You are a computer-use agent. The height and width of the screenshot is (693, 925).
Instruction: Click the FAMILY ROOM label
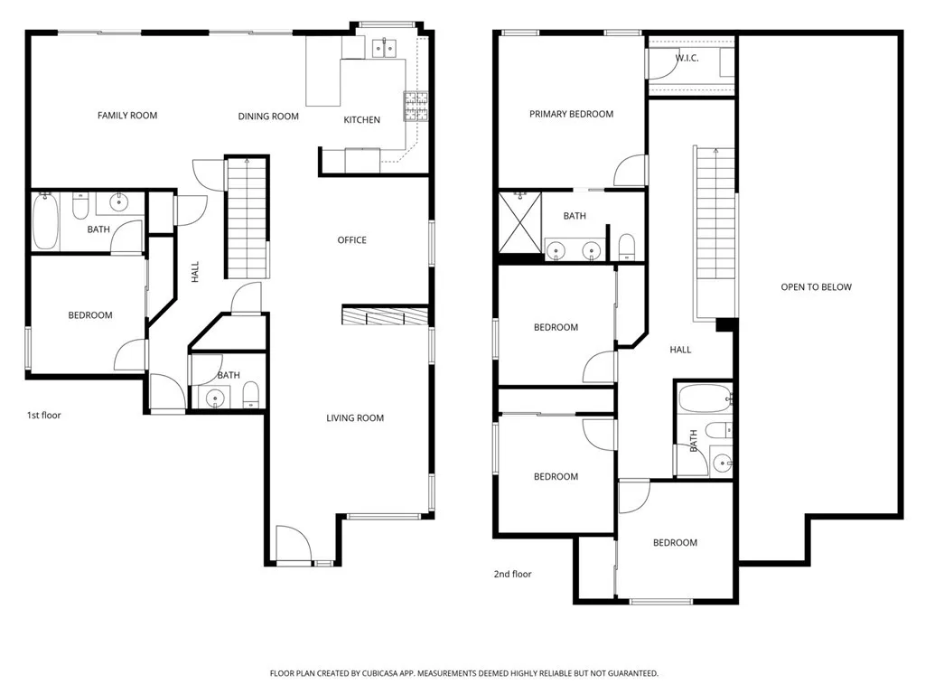(127, 116)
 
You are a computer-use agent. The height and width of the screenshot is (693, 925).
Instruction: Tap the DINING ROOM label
(268, 117)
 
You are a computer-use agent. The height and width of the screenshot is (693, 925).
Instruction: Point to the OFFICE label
(351, 240)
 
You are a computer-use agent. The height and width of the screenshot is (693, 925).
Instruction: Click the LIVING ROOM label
(355, 418)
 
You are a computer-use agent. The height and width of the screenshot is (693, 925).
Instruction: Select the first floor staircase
(247, 217)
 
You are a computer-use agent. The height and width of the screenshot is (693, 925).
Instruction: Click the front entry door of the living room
(294, 544)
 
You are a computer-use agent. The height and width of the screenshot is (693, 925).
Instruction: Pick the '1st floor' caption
(43, 416)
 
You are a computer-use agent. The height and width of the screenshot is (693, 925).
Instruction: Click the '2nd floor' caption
(512, 574)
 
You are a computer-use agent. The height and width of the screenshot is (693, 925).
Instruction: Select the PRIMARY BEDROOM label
(571, 114)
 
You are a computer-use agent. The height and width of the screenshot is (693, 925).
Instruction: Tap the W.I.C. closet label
(687, 59)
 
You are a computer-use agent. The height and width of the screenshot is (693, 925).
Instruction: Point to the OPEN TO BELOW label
(816, 287)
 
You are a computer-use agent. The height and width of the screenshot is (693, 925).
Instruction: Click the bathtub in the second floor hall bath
(704, 398)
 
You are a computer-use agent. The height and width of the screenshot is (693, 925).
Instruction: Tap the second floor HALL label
(680, 350)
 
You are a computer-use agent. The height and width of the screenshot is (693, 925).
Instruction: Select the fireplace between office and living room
(385, 315)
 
